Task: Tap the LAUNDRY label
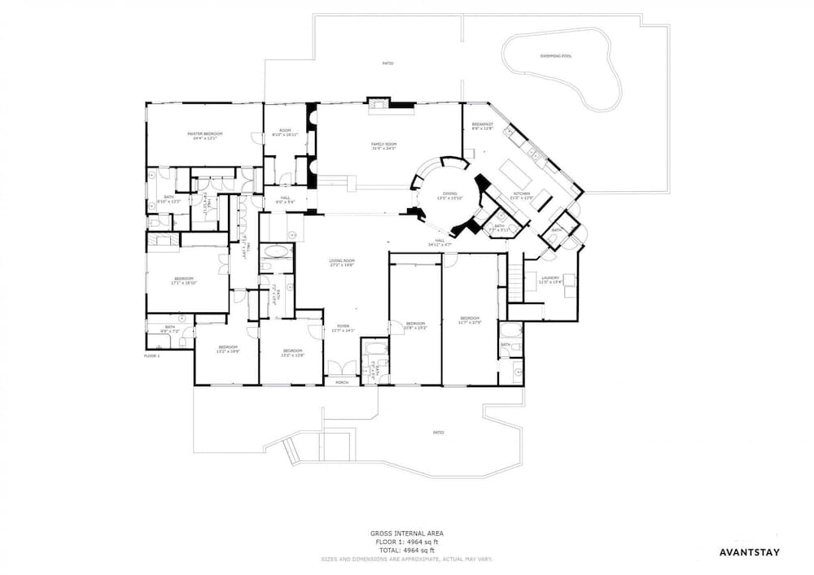550,280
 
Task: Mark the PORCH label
342,381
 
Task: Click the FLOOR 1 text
152,355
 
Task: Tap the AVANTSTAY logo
750,552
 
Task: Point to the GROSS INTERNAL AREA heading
406,533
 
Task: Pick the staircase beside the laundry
515,277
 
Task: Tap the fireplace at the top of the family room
379,102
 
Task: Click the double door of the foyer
342,368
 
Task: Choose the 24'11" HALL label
440,242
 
